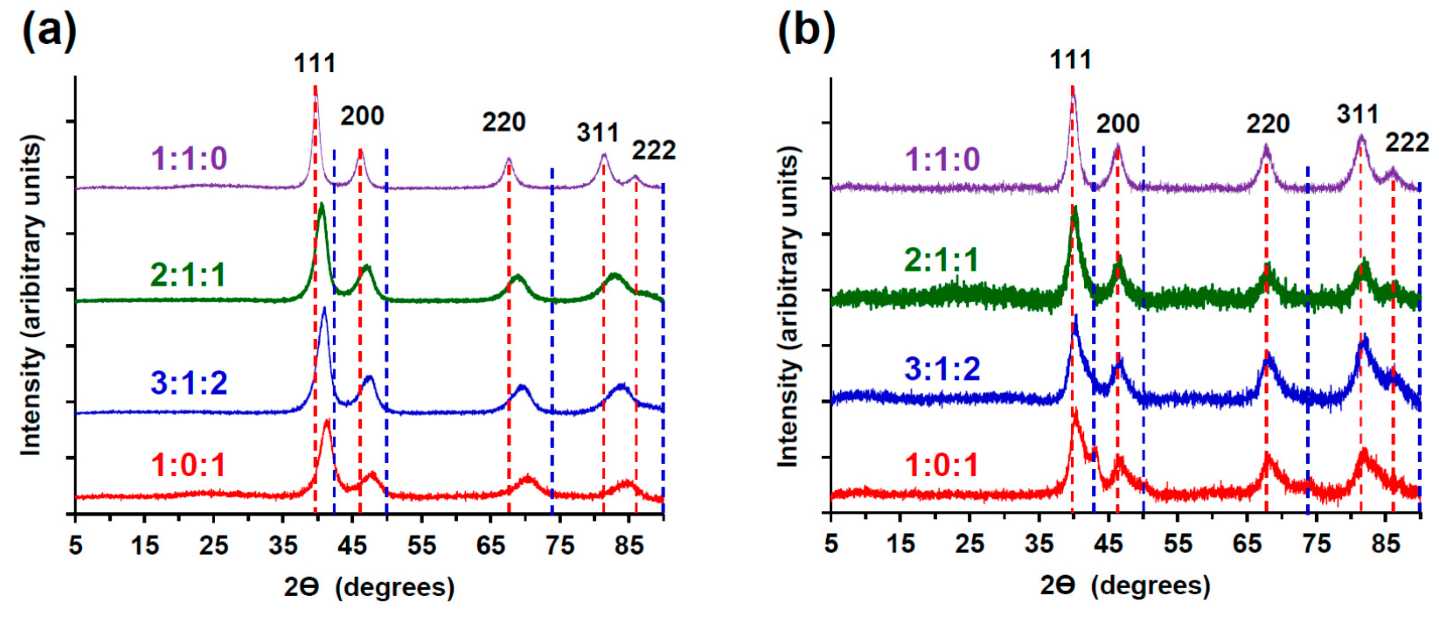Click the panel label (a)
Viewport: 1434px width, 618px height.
pos(49,31)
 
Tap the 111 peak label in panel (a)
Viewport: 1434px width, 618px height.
pos(315,63)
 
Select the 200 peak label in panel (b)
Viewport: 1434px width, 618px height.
pos(1118,124)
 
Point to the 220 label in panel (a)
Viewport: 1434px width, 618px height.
pos(504,122)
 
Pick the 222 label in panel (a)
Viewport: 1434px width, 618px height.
pos(654,150)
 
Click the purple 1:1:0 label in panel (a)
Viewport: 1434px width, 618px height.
pos(189,159)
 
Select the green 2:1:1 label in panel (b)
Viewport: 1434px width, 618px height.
pos(941,260)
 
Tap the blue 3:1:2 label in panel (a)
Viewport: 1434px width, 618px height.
pos(189,383)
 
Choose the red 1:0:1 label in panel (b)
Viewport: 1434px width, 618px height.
pos(941,465)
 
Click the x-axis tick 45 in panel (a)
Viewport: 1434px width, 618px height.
pos(352,545)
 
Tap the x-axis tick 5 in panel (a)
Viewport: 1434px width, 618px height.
pos(76,545)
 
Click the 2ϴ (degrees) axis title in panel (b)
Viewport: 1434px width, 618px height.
pos(1125,586)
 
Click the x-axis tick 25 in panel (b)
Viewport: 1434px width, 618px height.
pos(969,543)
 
